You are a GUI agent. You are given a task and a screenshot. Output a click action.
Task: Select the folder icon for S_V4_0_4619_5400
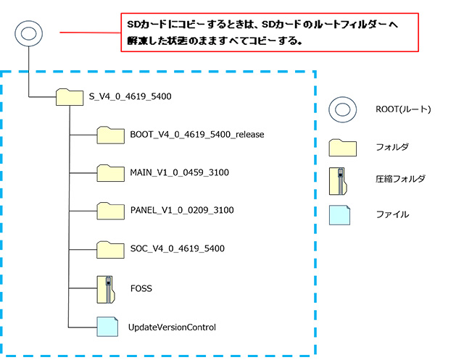point(70,96)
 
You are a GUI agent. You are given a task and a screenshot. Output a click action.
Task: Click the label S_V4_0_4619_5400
point(130,96)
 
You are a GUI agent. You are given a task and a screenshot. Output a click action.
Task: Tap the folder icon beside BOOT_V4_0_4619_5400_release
point(112,135)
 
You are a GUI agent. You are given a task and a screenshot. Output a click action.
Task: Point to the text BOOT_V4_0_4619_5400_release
point(197,135)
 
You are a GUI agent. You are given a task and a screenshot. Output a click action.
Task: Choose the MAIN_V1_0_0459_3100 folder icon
point(112,173)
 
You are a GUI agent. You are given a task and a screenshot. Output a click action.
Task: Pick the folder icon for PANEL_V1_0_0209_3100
point(112,211)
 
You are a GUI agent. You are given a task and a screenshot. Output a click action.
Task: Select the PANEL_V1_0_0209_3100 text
point(182,211)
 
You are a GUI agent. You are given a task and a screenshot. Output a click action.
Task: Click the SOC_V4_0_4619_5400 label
point(178,249)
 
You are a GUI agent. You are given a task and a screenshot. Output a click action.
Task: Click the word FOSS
point(141,288)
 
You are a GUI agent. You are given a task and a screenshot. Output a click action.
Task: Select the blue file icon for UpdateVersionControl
point(107,327)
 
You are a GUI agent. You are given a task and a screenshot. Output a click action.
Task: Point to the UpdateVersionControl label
point(172,327)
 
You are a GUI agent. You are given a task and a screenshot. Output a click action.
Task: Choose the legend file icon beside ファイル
point(340,214)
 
